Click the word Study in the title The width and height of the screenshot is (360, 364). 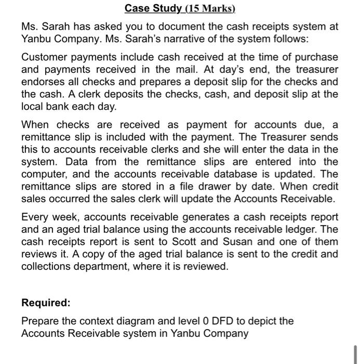pos(167,8)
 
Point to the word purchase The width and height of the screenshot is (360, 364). pos(318,57)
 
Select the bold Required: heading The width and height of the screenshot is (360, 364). pos(45,303)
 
